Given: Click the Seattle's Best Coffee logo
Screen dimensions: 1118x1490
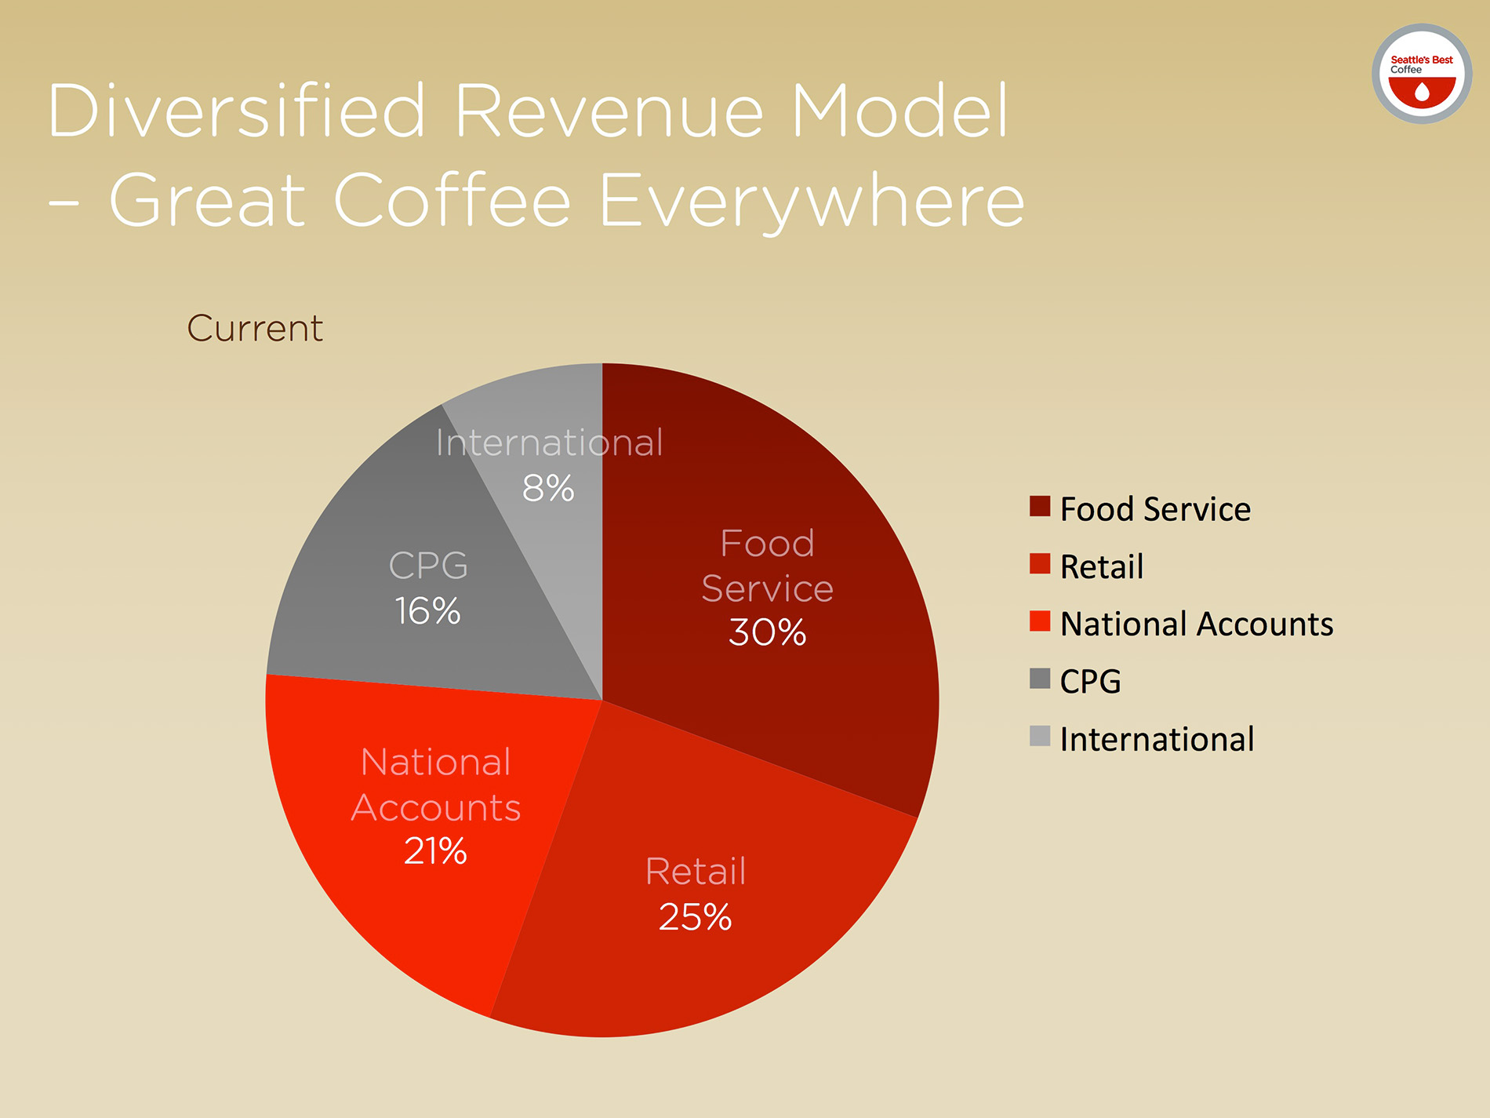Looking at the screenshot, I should (1421, 74).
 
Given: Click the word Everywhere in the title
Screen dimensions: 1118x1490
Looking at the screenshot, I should (812, 201).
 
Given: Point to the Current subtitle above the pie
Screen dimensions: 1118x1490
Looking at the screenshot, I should (255, 328).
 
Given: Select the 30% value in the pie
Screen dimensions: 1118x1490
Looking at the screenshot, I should (767, 632).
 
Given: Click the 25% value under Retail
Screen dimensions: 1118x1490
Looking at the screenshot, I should (695, 916).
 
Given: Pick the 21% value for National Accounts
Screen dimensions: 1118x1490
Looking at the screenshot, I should (435, 851).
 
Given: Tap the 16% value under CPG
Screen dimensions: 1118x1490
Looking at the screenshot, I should (427, 611).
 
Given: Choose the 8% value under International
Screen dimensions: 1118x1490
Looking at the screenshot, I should (548, 488).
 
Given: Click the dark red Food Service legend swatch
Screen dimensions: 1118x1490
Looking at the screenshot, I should (1040, 506).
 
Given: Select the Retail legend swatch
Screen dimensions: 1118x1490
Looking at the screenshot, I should (1040, 564).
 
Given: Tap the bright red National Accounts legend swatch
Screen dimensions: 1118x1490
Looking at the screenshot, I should (1040, 621).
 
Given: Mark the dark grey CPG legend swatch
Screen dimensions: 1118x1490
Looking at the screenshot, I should (1040, 679).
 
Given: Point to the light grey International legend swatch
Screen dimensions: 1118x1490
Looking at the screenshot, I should (1040, 736).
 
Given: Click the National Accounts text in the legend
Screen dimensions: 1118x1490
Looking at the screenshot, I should (1196, 625).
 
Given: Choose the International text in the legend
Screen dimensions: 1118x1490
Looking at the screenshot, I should (1157, 739).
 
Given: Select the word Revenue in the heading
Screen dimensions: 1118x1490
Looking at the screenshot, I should (609, 111).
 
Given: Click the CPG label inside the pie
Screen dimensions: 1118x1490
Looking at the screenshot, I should (428, 566).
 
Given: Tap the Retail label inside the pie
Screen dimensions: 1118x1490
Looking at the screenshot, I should (696, 871).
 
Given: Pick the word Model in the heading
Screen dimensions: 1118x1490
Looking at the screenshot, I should (899, 111).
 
